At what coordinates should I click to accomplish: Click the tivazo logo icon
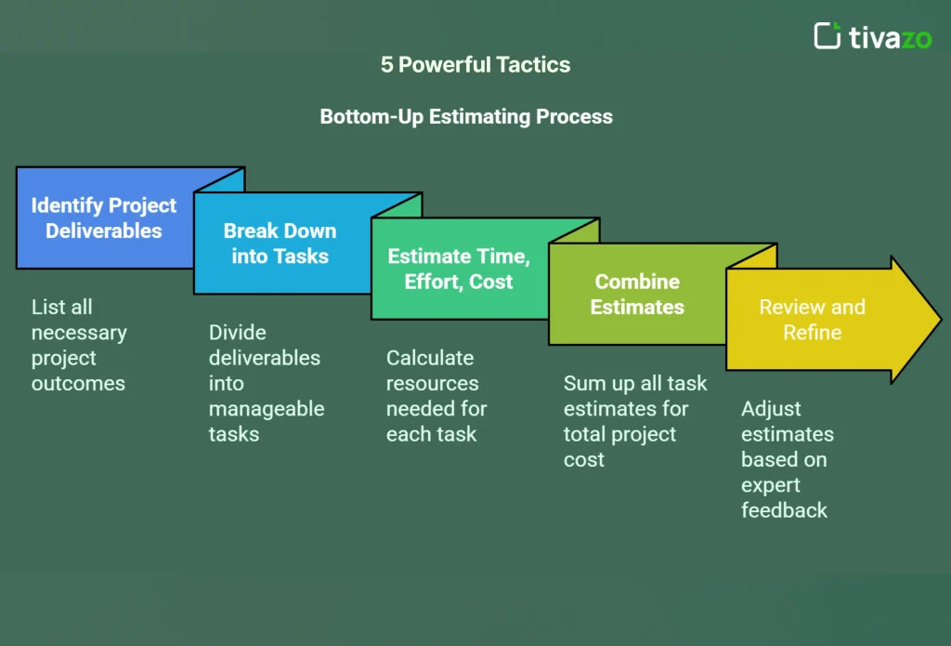point(827,35)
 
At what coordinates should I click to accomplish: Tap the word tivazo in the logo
point(890,37)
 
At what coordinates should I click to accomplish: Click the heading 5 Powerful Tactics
point(475,64)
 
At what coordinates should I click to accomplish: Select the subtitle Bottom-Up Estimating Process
point(466,116)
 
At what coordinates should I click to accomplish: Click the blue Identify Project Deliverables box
point(104,218)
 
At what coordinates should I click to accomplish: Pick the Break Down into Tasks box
point(280,244)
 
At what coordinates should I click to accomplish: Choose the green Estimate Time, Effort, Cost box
point(458,270)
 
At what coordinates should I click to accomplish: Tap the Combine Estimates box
point(637,295)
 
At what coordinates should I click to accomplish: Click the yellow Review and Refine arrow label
point(812,320)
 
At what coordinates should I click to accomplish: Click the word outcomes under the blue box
point(78,383)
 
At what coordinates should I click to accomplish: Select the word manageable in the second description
point(267,408)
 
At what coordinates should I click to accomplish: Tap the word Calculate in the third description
point(430,358)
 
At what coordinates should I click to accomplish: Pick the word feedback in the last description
point(784,509)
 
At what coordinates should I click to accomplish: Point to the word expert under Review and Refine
point(770,484)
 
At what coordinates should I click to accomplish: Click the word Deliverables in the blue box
point(104,231)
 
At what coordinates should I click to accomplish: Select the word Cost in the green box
point(490,282)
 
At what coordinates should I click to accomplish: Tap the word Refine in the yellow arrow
point(812,332)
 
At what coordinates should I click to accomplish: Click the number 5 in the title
point(386,64)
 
